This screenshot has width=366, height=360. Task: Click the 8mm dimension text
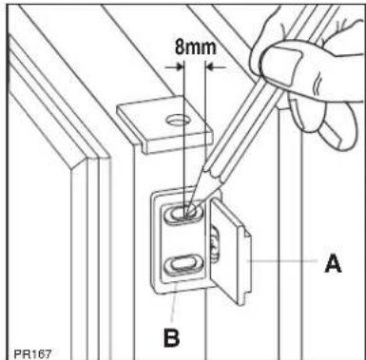point(195,47)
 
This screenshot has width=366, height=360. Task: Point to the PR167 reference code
point(32,353)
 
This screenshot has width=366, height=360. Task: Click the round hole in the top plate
point(179,121)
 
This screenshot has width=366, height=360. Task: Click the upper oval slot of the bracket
point(183,213)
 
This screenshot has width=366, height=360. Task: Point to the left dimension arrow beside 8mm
point(175,66)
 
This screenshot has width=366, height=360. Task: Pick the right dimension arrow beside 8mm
point(216,67)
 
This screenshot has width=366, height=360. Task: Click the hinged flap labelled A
point(230,250)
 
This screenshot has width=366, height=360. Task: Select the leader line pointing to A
point(283,260)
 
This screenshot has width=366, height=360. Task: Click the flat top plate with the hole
point(164,125)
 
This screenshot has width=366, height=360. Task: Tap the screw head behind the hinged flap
point(214,245)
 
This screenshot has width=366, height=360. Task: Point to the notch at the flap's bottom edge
point(245,298)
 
